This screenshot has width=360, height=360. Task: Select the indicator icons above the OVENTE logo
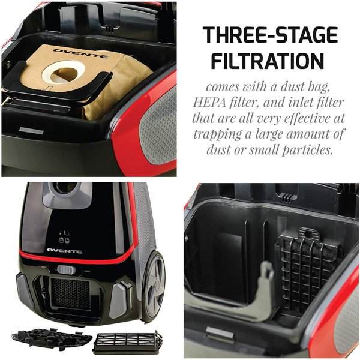click(64, 235)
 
